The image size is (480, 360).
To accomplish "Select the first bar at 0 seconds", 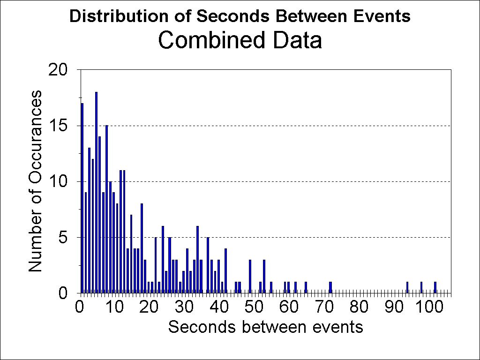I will (82, 198).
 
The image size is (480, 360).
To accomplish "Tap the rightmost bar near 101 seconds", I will (435, 287).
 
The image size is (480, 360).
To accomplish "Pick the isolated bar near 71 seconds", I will (330, 287).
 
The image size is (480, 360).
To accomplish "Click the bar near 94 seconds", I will (407, 287).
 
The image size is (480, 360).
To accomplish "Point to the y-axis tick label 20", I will (59, 70).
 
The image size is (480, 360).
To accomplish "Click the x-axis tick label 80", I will (359, 307).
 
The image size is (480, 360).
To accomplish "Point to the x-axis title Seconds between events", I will (265, 327).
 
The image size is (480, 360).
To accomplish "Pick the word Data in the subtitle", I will (299, 40).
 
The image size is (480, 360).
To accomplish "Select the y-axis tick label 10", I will (59, 181).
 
